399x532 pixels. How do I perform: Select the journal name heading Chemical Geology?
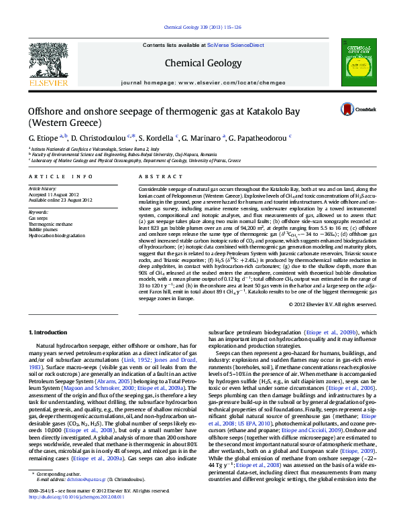click(199, 63)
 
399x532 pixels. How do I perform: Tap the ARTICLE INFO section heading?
click(61, 176)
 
